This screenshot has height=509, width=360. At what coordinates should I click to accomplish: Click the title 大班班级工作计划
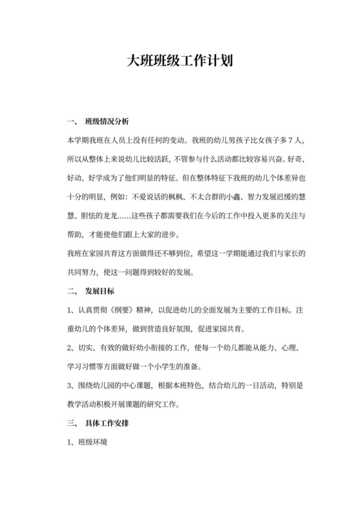coord(179,62)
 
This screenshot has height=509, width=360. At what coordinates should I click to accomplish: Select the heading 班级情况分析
coord(107,122)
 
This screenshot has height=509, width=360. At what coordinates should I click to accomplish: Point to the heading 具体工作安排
coord(107,424)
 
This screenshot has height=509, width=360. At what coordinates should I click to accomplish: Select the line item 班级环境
coord(94,443)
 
